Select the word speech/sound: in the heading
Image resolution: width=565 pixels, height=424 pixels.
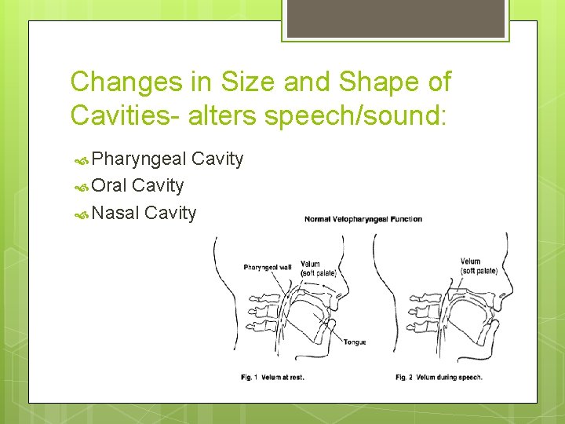tap(355, 115)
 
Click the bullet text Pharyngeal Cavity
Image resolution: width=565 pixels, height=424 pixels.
tap(167, 159)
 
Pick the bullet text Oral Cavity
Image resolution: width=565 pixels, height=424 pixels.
tap(137, 186)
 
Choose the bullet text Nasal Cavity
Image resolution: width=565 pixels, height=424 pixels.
tap(144, 213)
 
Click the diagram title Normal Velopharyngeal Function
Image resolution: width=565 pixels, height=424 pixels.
tap(363, 219)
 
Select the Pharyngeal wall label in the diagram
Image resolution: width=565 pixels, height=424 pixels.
tap(268, 268)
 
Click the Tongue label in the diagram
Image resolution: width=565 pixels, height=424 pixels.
tap(355, 342)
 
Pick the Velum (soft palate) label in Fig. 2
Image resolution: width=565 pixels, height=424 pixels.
tap(479, 266)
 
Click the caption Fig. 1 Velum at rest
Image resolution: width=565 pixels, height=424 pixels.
tap(272, 378)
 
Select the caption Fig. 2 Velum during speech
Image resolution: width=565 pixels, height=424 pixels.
tap(439, 378)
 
